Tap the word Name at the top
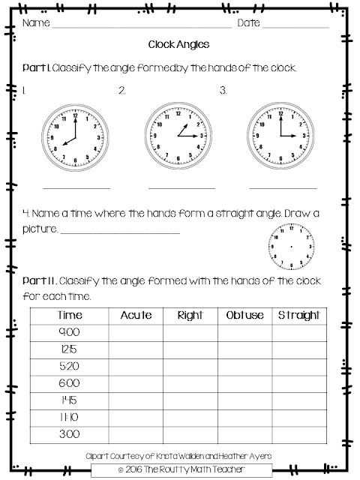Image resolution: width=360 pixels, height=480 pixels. [x=35, y=22]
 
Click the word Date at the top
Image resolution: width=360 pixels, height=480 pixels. [x=249, y=22]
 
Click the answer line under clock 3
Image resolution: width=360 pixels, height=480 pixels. [x=283, y=187]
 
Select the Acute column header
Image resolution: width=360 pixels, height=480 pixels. [x=136, y=316]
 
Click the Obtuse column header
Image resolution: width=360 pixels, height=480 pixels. [x=244, y=316]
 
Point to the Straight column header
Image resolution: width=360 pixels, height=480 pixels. [x=299, y=316]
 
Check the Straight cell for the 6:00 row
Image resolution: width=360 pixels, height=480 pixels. [x=299, y=382]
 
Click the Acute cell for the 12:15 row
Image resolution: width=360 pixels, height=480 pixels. [x=136, y=349]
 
